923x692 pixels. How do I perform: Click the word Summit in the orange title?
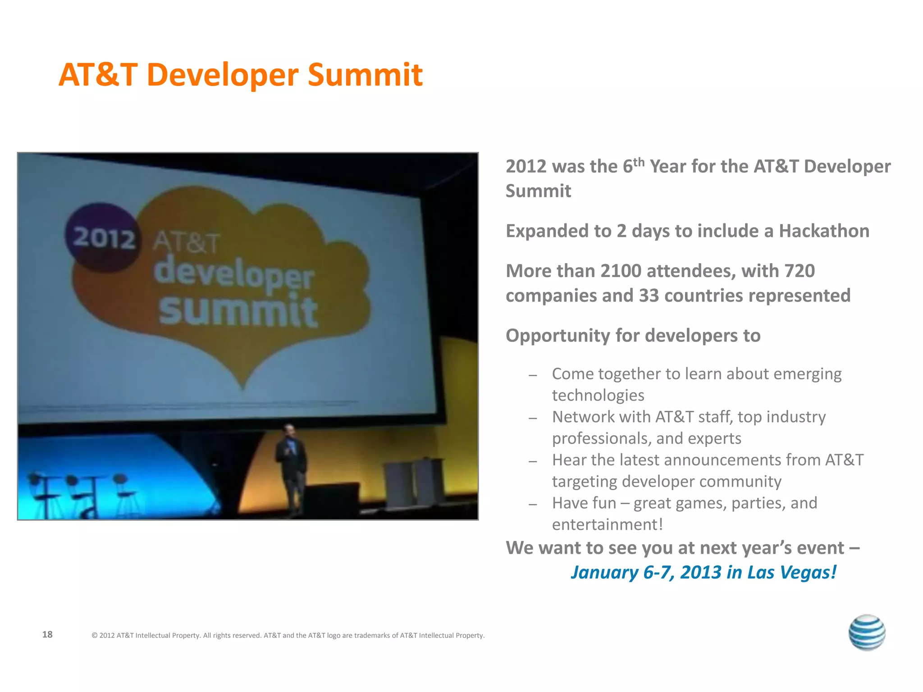pos(365,75)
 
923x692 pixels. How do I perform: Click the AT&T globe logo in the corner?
pos(866,632)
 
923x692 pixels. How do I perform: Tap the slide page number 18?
pos(47,634)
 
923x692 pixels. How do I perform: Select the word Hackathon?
pos(824,231)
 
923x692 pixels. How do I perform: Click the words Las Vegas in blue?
pos(791,573)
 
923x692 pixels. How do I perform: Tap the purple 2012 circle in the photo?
pos(103,237)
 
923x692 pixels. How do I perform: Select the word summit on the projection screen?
pos(238,311)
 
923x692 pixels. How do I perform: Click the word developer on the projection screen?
pos(233,273)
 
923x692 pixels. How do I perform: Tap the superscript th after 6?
pos(639,162)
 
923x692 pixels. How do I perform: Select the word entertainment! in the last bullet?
pos(607,525)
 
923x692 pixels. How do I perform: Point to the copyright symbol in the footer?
pos(95,636)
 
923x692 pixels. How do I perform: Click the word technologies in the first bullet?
pos(598,396)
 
